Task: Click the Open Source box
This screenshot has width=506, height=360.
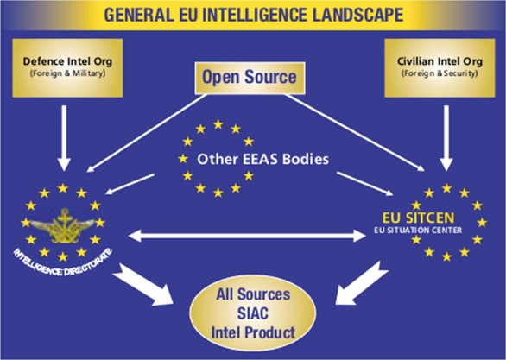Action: (x=250, y=78)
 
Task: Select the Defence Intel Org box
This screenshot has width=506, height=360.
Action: (x=67, y=67)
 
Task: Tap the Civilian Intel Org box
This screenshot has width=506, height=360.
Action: (x=440, y=67)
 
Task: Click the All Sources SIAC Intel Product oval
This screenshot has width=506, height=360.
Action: (x=253, y=313)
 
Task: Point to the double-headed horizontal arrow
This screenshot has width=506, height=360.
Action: (x=247, y=236)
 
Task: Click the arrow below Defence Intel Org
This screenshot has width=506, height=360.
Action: (x=64, y=138)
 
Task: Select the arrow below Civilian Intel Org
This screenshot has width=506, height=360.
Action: (x=446, y=138)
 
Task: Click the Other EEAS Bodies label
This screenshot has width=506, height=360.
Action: (x=263, y=160)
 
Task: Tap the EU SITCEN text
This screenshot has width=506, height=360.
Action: (x=418, y=218)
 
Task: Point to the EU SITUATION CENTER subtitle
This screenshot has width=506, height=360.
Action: (x=418, y=231)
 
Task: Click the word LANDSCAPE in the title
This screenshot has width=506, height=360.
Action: (x=357, y=15)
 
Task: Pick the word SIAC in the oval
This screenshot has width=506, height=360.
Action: (x=253, y=313)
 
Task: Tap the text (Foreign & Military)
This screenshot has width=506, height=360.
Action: (x=67, y=73)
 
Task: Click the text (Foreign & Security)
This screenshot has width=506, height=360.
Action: (x=440, y=73)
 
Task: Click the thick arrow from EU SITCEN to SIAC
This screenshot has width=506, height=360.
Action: (x=362, y=283)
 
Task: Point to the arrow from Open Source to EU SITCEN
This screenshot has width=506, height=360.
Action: (x=355, y=133)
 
